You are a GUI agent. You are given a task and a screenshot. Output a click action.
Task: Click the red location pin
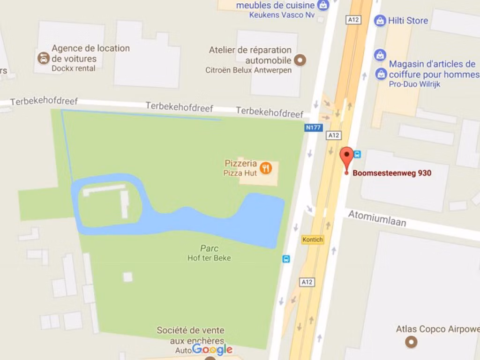pos(346,157)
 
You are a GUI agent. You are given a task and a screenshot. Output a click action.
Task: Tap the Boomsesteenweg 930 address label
pos(391,173)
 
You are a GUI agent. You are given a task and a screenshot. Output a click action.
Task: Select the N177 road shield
pos(314,127)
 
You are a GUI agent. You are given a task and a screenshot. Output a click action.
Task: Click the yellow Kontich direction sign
pos(313,239)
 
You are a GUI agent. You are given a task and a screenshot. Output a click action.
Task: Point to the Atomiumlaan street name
pos(377,218)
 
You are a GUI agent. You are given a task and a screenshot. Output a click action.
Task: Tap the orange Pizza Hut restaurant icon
pos(266,168)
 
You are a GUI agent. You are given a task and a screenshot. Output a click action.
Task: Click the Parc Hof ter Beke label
pos(209,253)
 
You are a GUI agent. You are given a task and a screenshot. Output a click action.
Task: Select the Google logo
pos(212,349)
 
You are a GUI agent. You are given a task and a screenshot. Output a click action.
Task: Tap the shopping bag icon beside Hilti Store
pos(380,21)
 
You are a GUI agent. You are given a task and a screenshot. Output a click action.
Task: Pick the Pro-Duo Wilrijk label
pos(414,84)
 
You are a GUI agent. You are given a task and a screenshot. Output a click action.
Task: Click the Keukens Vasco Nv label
pos(282,15)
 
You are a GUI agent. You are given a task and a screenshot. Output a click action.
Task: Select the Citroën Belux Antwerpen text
pos(248,70)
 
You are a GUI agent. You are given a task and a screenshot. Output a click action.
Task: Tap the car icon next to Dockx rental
pos(44,59)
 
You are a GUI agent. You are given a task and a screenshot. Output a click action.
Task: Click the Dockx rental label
pos(73,68)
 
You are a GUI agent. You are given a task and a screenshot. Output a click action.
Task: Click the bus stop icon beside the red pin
pos(358,154)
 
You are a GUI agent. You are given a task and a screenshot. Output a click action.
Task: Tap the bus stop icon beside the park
pos(286,259)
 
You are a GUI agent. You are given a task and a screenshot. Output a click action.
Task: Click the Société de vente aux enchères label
pos(190,335)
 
